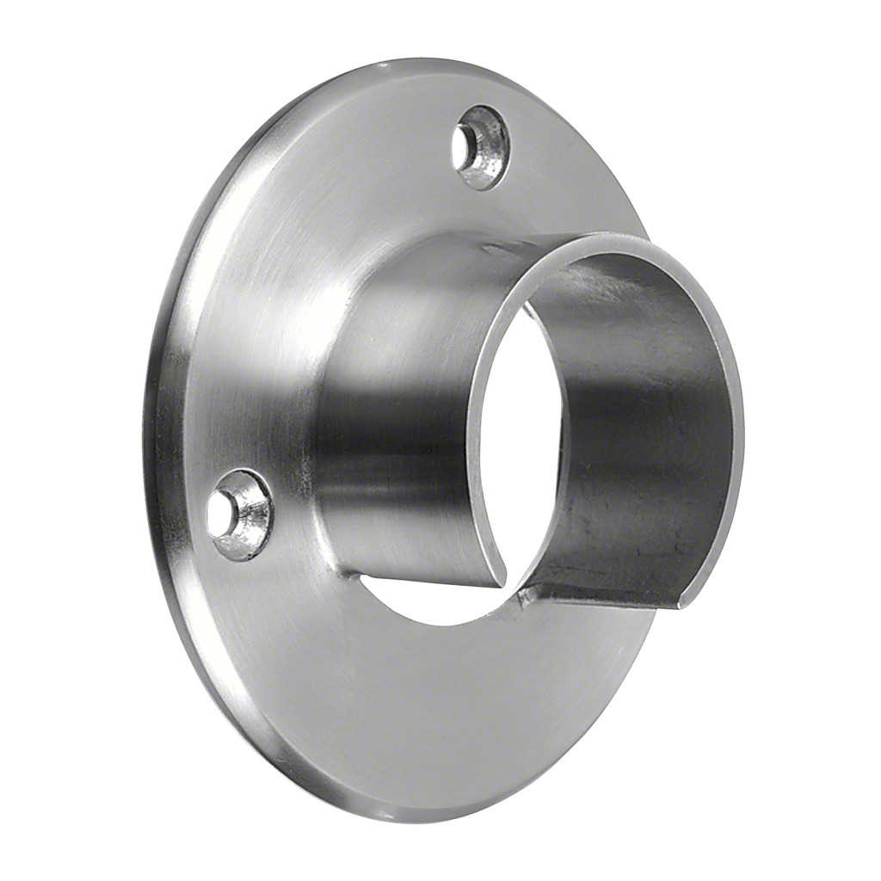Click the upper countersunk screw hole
click(x=480, y=147)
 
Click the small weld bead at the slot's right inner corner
click(x=527, y=593)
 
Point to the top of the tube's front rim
click(x=602, y=240)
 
